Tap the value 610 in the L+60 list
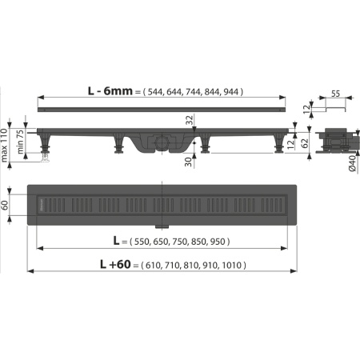[x=158, y=265]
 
